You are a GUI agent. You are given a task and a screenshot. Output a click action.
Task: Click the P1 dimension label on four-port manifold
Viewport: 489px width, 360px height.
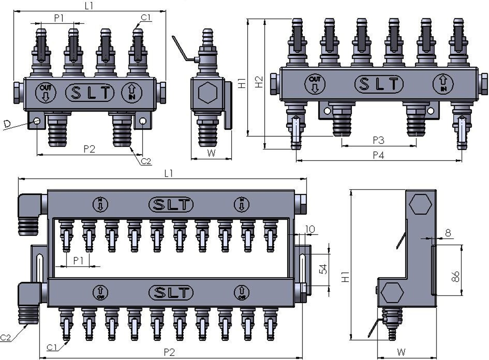(x=59, y=18)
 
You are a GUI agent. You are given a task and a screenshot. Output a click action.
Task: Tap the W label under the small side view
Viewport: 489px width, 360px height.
(x=211, y=153)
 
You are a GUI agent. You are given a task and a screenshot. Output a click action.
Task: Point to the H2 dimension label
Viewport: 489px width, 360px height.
(x=260, y=82)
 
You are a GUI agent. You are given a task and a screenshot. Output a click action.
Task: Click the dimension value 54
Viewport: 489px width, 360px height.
(x=324, y=269)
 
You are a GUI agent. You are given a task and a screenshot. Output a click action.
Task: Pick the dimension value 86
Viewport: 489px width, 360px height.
(x=455, y=277)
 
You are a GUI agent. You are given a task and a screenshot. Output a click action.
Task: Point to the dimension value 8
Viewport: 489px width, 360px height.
(x=448, y=233)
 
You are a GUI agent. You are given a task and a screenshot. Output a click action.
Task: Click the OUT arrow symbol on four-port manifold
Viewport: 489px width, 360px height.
(x=45, y=93)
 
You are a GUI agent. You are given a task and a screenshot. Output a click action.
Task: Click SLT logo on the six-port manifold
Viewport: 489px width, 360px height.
(x=379, y=84)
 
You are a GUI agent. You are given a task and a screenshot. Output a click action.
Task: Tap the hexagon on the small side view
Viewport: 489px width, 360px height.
(x=207, y=94)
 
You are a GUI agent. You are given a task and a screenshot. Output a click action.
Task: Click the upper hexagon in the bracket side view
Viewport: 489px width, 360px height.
(x=421, y=204)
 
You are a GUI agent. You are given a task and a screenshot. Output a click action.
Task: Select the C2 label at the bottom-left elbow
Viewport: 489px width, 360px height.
(x=6, y=338)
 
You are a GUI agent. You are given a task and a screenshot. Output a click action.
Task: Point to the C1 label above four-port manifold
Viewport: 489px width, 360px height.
(x=146, y=17)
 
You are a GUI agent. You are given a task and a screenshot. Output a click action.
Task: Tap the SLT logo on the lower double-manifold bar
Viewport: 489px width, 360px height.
(x=171, y=292)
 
